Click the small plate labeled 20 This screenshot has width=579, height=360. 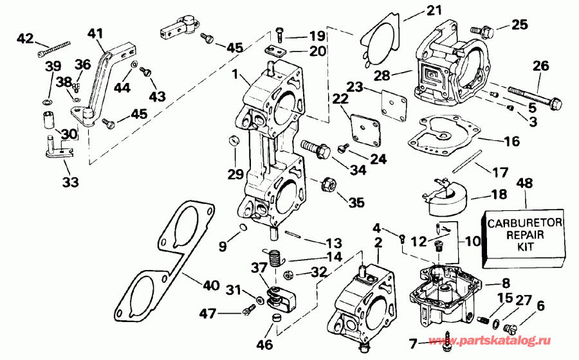277,50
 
